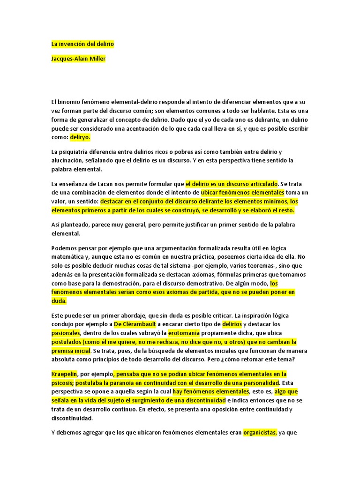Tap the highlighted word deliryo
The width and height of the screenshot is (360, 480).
(80, 138)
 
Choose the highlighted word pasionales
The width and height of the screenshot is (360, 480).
(66, 333)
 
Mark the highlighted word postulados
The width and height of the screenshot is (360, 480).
(67, 342)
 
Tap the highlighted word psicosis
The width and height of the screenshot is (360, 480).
(62, 382)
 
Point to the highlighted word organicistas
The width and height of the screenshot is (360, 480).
(260, 433)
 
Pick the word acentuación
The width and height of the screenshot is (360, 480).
(140, 128)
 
